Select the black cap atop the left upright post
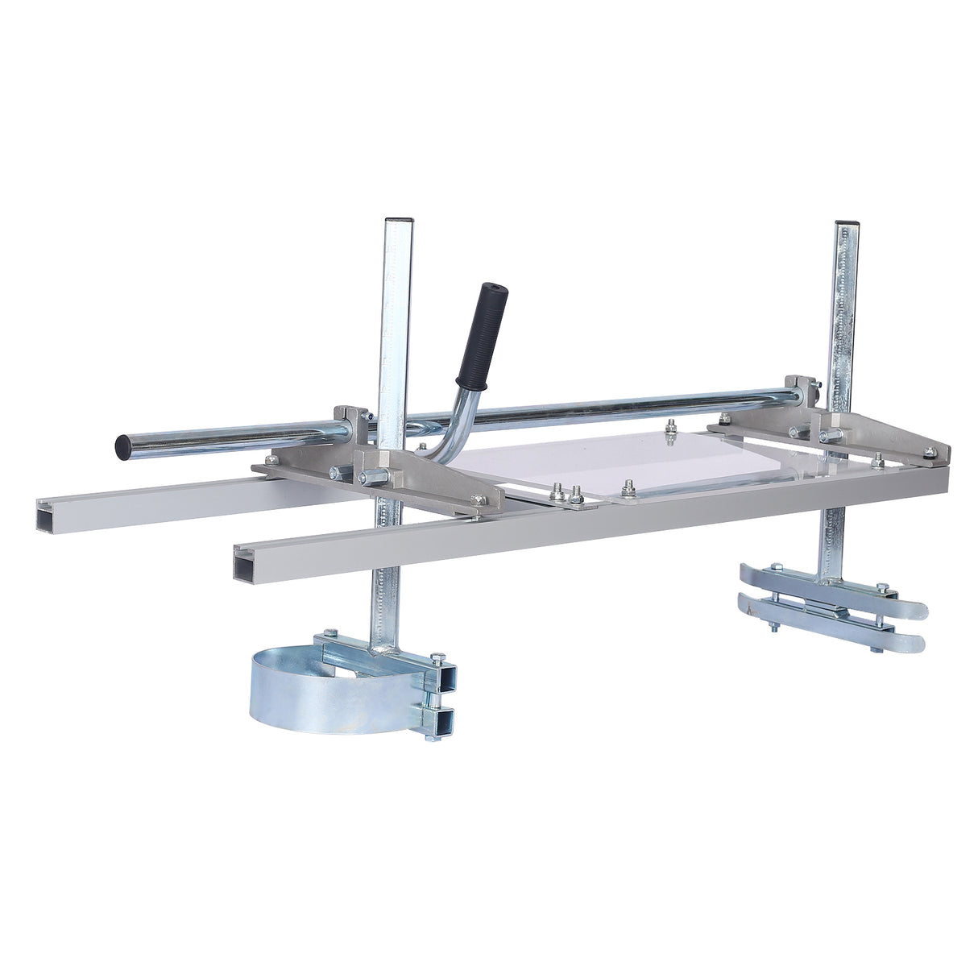398,220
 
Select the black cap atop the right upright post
846,222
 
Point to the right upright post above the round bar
843,314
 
